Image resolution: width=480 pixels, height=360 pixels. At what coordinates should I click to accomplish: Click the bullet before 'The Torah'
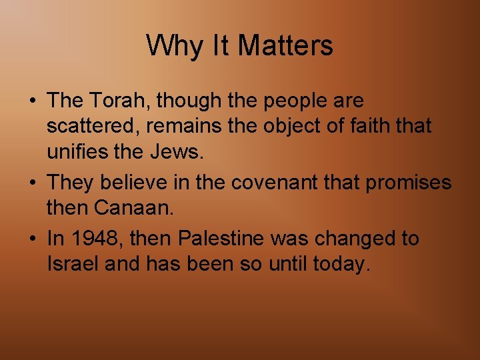point(33,101)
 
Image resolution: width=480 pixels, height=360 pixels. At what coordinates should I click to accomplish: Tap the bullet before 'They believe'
point(33,183)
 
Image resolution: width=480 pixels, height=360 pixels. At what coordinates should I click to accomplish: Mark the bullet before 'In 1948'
point(33,239)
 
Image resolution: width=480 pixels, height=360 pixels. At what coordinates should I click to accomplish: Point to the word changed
point(346,239)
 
